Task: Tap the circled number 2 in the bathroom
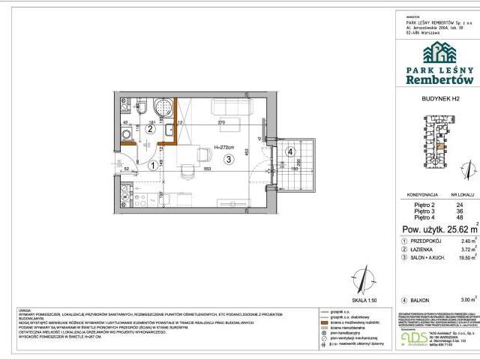click(150, 128)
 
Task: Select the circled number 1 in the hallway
click(152, 166)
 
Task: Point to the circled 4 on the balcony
click(289, 157)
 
